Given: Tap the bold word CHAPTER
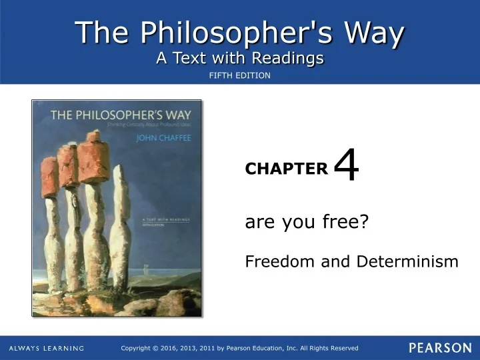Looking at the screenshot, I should point(287,169).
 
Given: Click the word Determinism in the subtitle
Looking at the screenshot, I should point(407,261).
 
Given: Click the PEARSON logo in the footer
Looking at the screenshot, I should point(440,348).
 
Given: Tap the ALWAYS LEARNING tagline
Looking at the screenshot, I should point(47,349).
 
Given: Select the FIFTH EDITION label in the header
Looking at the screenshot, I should point(240,75).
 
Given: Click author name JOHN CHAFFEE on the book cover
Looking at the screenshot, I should point(164,139).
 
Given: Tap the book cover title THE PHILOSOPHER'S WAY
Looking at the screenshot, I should point(117,115).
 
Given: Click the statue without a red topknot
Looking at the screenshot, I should point(121,227).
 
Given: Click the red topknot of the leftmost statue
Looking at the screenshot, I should point(50,177).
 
